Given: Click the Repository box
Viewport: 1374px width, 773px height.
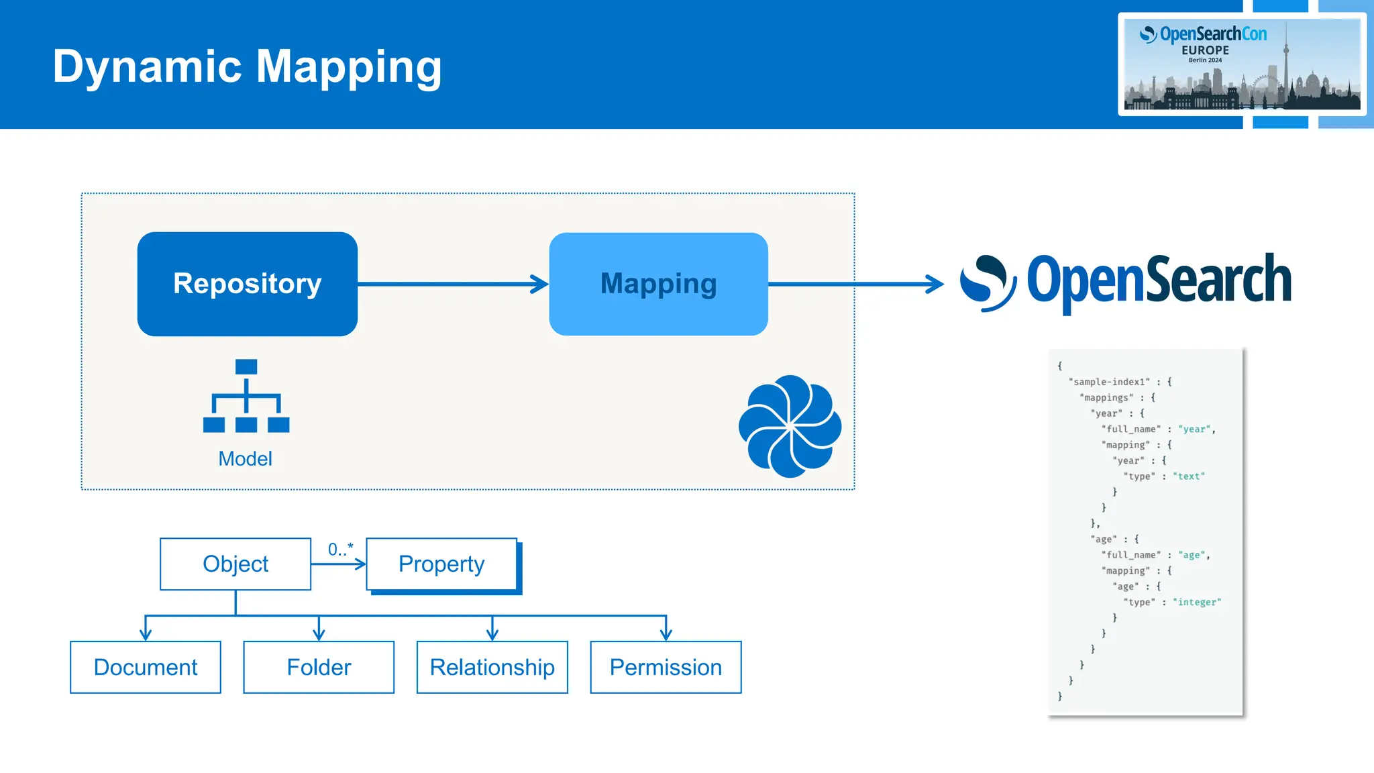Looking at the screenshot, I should click(x=247, y=284).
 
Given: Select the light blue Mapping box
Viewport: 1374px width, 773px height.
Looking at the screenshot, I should click(x=658, y=284).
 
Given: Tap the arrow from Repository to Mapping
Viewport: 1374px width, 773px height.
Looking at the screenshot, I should click(x=453, y=284).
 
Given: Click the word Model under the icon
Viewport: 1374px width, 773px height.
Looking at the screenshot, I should click(x=245, y=459).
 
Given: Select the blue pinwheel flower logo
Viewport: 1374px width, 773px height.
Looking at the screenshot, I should click(x=790, y=426).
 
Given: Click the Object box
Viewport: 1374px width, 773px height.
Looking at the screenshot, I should click(x=235, y=564).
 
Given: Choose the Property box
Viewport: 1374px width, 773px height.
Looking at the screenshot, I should click(x=441, y=564).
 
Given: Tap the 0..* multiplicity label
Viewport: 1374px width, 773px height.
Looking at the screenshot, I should click(x=340, y=550).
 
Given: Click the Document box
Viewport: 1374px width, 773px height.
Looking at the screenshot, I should click(x=146, y=668).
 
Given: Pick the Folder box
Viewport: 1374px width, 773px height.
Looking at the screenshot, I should click(x=319, y=668).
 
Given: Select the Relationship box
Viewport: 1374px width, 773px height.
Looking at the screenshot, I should click(x=492, y=668).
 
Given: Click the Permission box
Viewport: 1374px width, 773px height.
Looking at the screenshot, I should click(x=666, y=668).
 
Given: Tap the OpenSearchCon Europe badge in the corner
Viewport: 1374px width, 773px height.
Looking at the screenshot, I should click(x=1242, y=64).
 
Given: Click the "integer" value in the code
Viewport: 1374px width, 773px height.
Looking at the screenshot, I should click(x=1197, y=603).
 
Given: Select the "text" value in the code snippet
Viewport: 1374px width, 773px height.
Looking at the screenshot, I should click(x=1188, y=476).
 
